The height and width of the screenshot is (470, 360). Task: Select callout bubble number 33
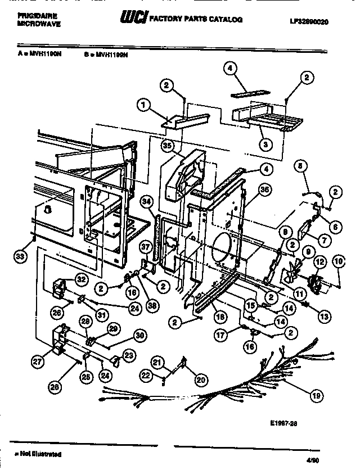pos(20,258)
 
